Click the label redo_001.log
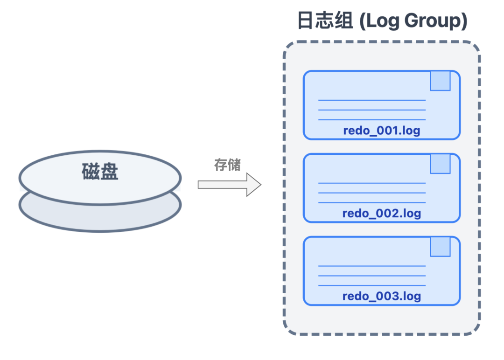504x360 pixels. click(x=381, y=131)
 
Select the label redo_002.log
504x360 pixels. click(x=381, y=214)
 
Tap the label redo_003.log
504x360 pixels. click(x=381, y=296)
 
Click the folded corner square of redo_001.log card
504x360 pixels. click(x=440, y=81)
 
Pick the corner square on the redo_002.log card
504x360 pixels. click(x=440, y=164)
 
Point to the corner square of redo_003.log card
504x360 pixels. click(x=440, y=246)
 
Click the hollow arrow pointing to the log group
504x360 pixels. click(x=229, y=184)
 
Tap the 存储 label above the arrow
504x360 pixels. click(x=227, y=165)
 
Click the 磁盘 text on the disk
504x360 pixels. click(x=100, y=172)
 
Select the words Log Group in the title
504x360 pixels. click(x=413, y=21)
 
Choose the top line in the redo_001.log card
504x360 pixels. click(x=371, y=100)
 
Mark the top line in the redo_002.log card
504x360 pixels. click(x=371, y=183)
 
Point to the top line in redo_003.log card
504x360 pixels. click(x=371, y=266)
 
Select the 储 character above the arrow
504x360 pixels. click(x=234, y=165)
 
